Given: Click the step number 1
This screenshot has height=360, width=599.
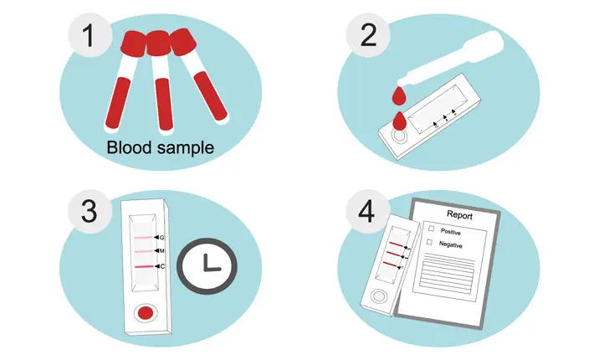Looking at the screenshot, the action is tap(89, 35).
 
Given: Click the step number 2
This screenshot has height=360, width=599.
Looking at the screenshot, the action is tap(369, 35).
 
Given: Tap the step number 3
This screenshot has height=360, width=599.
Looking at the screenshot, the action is tap(90, 211).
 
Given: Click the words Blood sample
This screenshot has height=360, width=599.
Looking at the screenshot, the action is tap(161, 147).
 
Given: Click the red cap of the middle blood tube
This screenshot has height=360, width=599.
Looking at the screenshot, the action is tap(158, 44).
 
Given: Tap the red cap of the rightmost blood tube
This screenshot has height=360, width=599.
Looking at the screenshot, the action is tap(183, 41).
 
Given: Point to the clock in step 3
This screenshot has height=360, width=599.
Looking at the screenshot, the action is tap(207, 266).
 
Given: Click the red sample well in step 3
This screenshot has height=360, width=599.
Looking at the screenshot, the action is tap(146, 313).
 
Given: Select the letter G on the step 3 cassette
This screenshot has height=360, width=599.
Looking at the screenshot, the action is tap(162, 238).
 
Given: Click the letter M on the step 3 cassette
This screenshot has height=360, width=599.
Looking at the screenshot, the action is tap(162, 251).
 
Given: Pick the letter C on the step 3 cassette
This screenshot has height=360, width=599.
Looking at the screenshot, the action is tap(162, 266).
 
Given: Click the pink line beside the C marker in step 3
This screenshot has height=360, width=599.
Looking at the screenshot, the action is tap(144, 266).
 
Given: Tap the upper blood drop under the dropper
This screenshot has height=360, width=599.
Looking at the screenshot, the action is tap(400, 96).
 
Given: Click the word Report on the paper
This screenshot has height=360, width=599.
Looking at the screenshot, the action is tap(459, 215).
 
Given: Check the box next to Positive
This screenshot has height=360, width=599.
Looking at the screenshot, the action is tap(432, 229).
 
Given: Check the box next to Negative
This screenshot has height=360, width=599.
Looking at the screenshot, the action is tap(429, 242).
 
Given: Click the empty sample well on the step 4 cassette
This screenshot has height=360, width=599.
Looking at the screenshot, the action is tap(379, 296).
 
